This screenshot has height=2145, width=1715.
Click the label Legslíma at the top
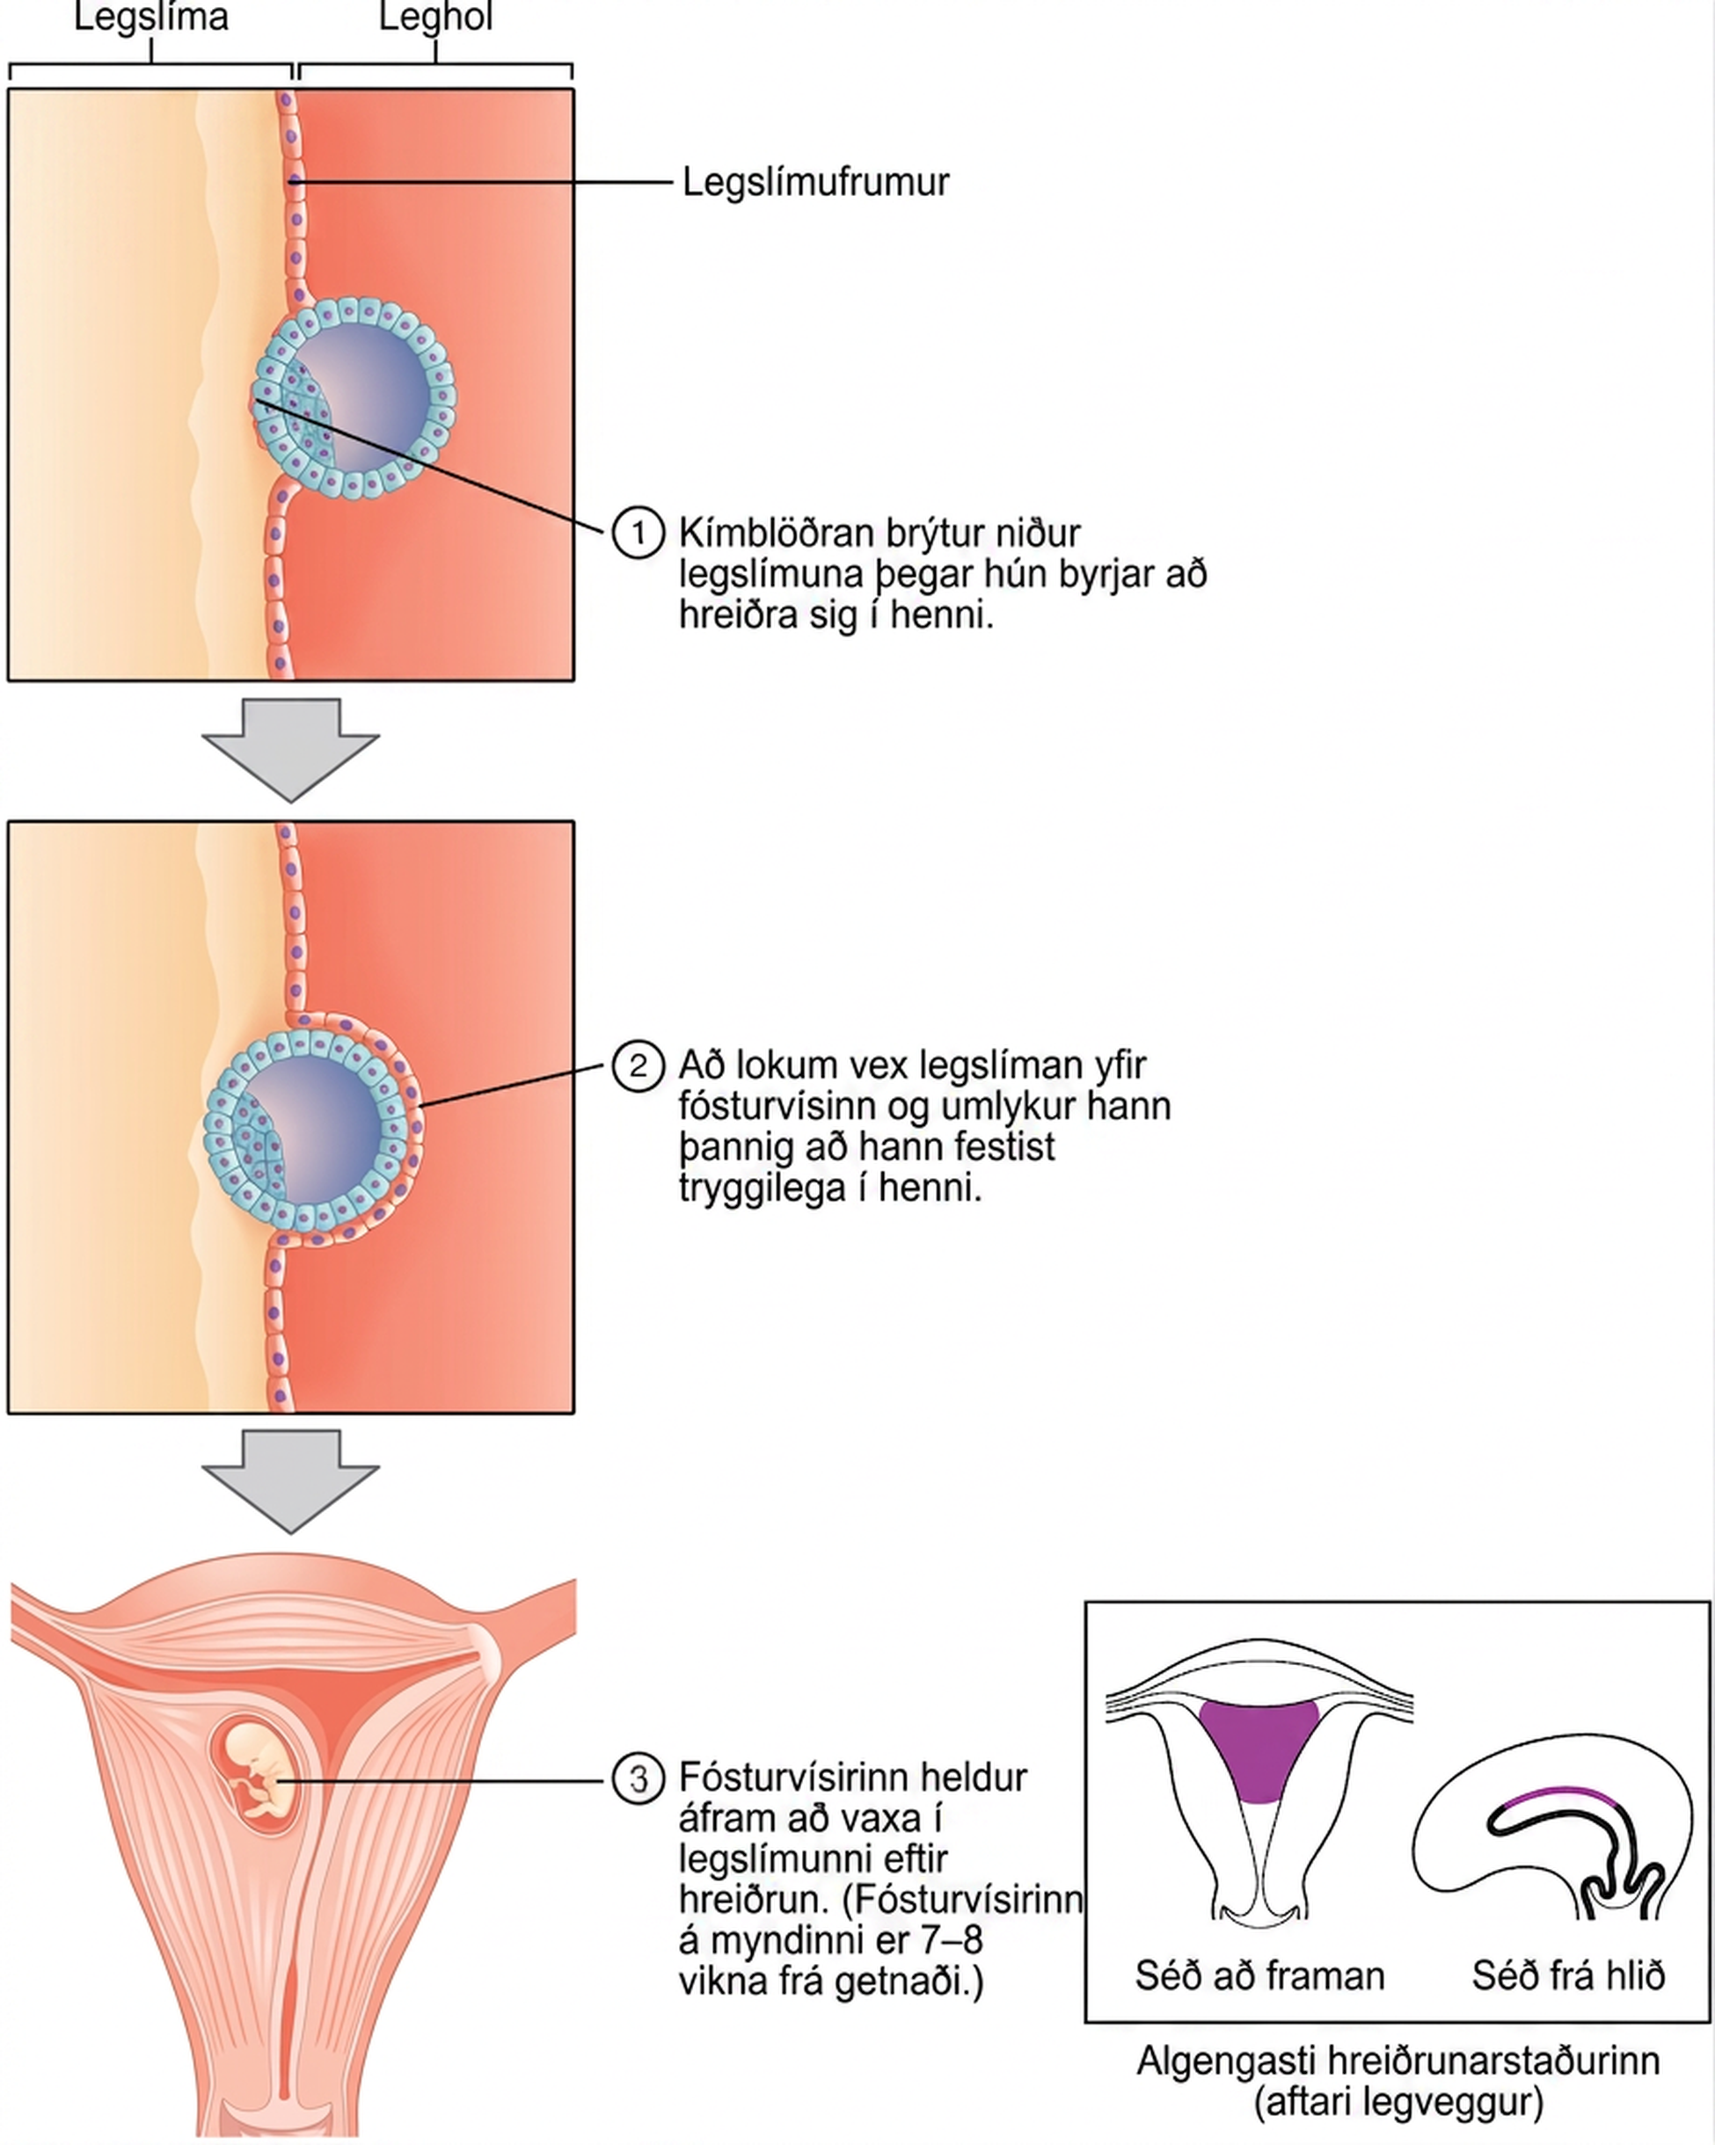tap(151, 17)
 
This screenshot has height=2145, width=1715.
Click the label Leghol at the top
tap(435, 17)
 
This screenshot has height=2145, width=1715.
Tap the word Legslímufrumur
tap(815, 182)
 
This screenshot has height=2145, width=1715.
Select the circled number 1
tap(638, 534)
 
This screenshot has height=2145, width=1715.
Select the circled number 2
tap(638, 1066)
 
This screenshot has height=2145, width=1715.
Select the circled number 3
tap(638, 1778)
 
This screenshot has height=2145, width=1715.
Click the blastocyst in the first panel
tap(354, 397)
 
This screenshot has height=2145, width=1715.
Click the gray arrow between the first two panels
tap(290, 750)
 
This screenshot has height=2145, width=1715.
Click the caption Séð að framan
tap(1259, 1974)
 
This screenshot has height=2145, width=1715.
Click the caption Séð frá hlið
tap(1569, 1974)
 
